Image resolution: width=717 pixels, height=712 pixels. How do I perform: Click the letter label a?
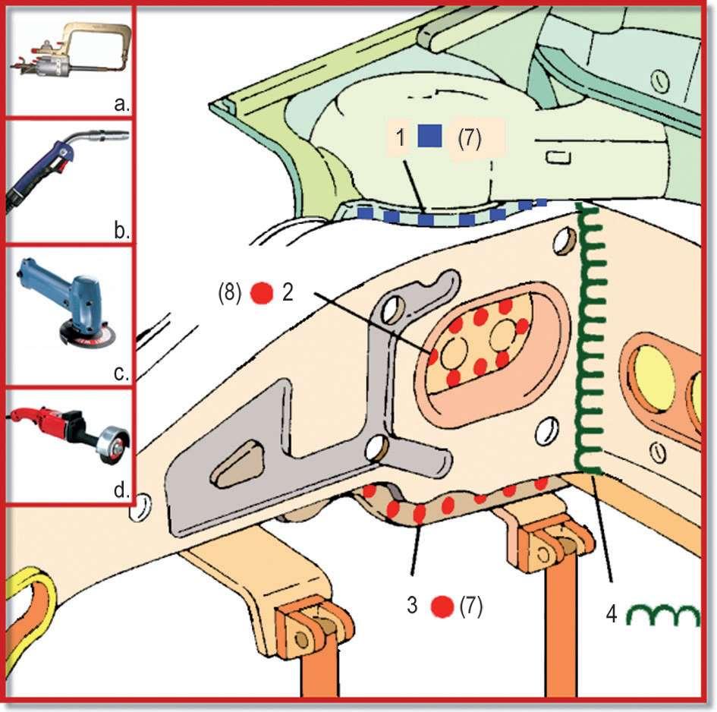pos(121,104)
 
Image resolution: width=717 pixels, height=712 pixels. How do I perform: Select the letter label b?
pos(121,231)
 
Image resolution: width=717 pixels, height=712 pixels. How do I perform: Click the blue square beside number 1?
pos(429,137)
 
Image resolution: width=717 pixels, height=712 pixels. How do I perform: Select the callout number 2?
pos(288,293)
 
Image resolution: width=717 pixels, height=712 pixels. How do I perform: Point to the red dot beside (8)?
pos(262,293)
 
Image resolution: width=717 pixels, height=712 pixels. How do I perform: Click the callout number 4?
pos(609,612)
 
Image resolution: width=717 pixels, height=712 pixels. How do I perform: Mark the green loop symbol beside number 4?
pos(663,615)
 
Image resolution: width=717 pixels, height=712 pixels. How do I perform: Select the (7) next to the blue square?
pos(469,138)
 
